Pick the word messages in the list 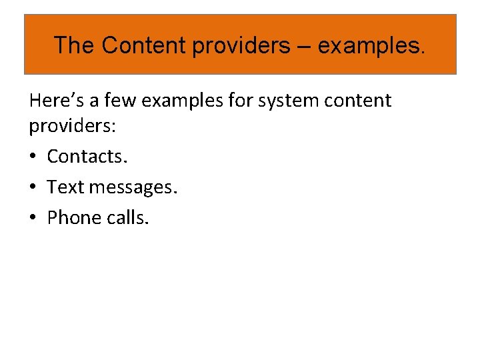tap(133, 187)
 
